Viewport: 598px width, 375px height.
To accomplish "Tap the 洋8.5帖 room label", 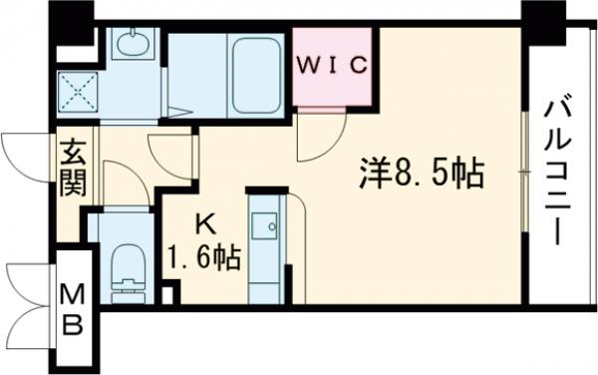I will click(421, 177).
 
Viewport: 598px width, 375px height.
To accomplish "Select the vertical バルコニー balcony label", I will click(557, 169).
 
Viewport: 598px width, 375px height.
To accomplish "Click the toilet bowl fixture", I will click(127, 270).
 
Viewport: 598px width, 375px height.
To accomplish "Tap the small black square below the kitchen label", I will click(169, 295).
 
